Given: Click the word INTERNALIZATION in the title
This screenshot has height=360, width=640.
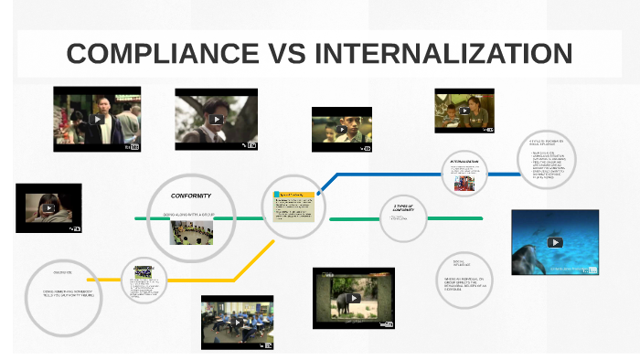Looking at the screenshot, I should [443, 53].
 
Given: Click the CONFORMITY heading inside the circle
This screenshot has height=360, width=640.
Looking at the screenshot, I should [191, 196].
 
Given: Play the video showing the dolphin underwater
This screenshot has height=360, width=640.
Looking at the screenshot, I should [554, 242].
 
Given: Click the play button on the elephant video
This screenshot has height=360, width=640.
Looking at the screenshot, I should [354, 298].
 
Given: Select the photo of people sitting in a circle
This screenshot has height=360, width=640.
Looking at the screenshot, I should [191, 232].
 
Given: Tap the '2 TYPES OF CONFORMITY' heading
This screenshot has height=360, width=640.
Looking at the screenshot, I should [402, 209].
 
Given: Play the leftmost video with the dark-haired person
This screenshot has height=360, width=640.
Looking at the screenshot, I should [48, 207].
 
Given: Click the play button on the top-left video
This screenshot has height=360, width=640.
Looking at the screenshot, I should [97, 118].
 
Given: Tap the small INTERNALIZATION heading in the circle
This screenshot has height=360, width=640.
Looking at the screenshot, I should [464, 162].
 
